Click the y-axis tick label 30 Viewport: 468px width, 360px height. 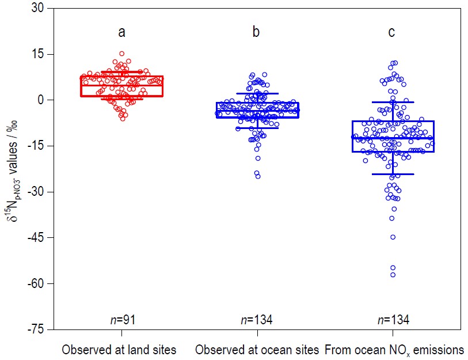pos(39,8)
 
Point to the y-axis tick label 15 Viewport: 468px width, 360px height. pos(39,54)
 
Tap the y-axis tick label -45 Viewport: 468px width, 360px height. pos(37,238)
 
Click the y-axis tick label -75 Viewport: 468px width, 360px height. pos(37,329)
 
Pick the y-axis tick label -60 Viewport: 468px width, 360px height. pos(37,283)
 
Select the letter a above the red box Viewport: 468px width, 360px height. pos(122,32)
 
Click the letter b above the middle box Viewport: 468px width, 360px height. pos(256,32)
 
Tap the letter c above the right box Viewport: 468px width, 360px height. pos(391,32)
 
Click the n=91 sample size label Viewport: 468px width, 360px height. pos(122,320)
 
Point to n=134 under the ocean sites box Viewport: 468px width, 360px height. pos(257,320)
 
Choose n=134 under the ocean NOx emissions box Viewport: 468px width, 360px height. pos(392,320)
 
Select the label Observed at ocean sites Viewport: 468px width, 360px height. pos(257,349)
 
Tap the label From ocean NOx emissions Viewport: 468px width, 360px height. pos(394,349)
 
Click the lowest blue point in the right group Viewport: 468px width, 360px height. pos(393,275)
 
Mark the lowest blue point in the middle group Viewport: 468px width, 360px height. pos(258,176)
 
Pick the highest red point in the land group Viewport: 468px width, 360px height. pos(122,54)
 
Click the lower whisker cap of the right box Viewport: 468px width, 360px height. pos(393,174)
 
